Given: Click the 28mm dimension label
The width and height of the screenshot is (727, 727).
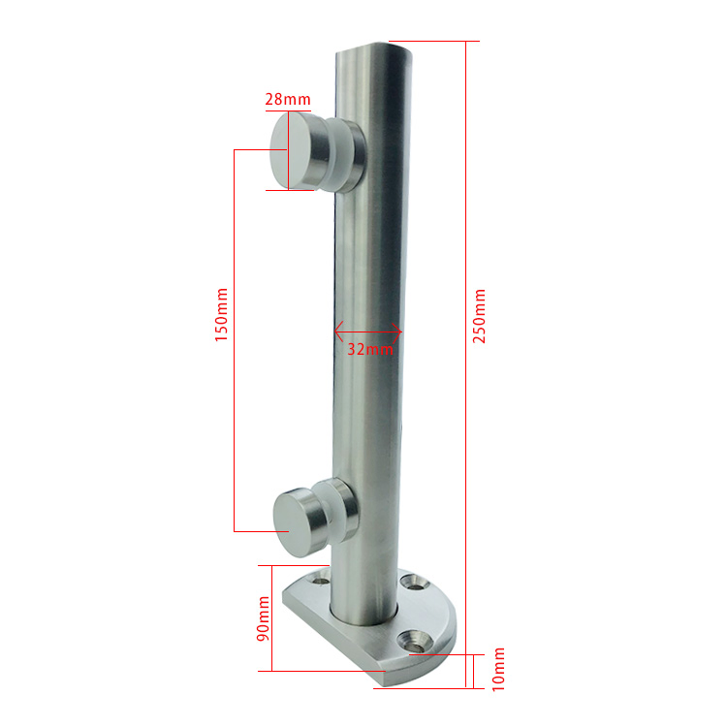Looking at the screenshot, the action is click(288, 99).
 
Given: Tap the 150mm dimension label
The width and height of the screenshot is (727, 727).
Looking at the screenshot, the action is click(221, 315).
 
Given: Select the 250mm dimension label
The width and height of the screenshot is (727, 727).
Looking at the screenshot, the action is click(479, 316).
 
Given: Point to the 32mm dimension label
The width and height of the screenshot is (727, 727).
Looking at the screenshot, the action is click(370, 349).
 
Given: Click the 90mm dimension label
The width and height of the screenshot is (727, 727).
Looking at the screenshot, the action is click(263, 618).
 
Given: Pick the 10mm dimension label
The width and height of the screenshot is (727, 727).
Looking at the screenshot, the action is click(497, 670).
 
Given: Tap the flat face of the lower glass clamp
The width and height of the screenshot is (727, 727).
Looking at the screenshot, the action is click(288, 522).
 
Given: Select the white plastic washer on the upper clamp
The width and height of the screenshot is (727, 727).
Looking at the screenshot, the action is click(342, 155).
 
